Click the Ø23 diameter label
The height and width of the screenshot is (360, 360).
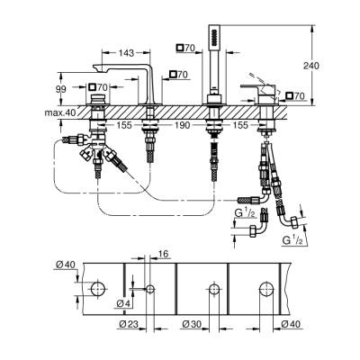click(128, 324)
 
